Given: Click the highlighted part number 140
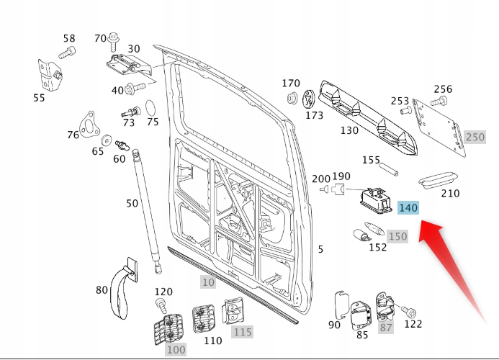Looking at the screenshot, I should click(408, 208).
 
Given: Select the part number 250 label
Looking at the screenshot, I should click(475, 137).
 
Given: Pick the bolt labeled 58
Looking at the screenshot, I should click(67, 52).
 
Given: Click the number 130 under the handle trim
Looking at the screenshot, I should click(349, 130).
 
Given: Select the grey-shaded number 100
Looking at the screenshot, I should click(176, 349).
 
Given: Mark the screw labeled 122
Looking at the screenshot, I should click(410, 312).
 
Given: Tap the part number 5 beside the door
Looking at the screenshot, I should click(320, 250).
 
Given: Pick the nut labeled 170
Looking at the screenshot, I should click(292, 98).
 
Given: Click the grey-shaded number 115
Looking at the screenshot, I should click(242, 332).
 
